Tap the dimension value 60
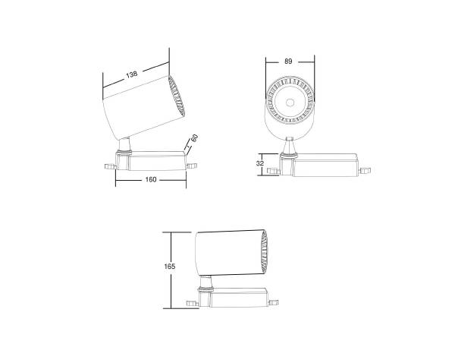tap(195, 140)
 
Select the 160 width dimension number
tap(152, 180)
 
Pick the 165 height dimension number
tap(169, 267)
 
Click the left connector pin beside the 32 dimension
tap(275, 166)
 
